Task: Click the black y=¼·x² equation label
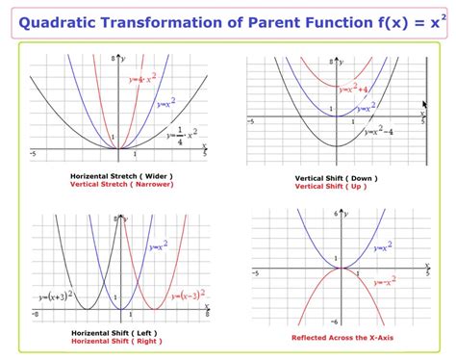182,135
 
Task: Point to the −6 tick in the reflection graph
335,321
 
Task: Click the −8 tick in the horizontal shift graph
36,315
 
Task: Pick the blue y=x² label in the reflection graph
380,247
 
